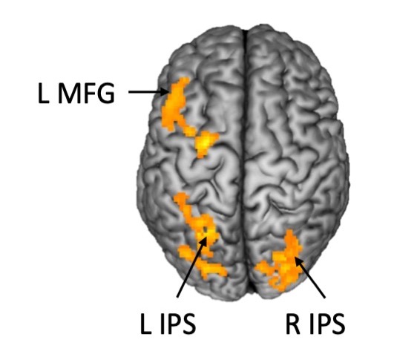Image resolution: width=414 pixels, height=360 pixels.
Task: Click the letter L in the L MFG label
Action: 44,94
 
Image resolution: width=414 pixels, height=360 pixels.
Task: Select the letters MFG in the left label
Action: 86,94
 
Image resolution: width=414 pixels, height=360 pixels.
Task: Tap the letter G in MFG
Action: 105,94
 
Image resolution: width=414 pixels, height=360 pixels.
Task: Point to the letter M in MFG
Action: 68,94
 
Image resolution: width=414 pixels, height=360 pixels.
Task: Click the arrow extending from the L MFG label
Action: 148,92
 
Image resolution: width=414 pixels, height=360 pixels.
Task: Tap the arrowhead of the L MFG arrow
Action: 165,92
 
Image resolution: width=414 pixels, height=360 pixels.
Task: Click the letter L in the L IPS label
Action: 145,324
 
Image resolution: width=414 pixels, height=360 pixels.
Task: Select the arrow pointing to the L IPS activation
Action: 191,266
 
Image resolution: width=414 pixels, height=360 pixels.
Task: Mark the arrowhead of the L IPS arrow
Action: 204,241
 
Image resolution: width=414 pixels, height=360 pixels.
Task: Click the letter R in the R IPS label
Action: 293,324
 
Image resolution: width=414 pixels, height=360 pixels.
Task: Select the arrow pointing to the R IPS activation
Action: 310,278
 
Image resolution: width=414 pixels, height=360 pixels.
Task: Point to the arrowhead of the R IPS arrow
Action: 298,261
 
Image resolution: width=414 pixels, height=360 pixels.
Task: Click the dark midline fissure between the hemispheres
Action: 246,158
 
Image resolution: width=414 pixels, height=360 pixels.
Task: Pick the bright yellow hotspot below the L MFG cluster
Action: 206,143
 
